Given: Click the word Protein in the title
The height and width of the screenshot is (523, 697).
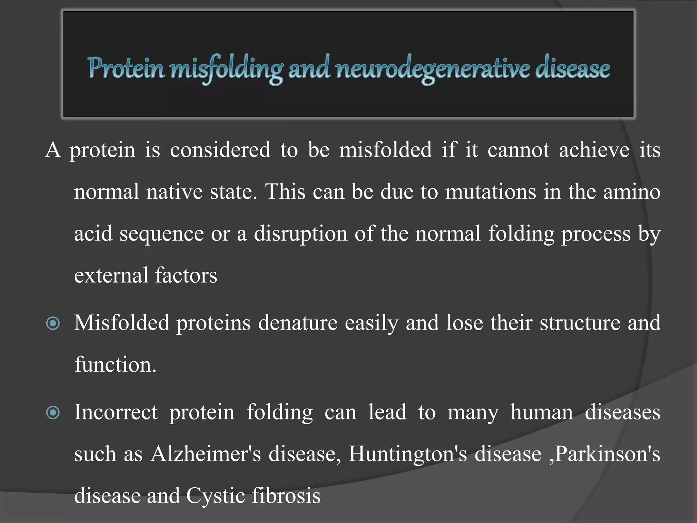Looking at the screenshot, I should tap(126, 68).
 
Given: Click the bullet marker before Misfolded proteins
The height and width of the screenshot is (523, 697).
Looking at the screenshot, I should tap(53, 323).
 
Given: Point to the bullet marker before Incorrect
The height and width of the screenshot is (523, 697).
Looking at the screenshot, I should tap(53, 413).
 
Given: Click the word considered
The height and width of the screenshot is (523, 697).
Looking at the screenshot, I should tap(220, 150).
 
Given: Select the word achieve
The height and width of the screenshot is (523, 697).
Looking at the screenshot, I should tap(594, 150).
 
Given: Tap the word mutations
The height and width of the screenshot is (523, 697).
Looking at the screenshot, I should tap(490, 192).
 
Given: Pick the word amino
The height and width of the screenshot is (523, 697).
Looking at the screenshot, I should tap(632, 192).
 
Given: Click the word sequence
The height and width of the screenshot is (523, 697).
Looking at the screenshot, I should tap(161, 234).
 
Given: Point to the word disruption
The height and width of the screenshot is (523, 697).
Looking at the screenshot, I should tap(301, 234).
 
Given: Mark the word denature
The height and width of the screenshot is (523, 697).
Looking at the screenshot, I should tap(298, 323).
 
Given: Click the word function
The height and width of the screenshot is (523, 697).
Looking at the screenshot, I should tap(115, 365).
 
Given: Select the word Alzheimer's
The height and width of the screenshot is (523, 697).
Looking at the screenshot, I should tap(206, 454).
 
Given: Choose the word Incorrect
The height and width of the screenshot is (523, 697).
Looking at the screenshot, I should tap(116, 412).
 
